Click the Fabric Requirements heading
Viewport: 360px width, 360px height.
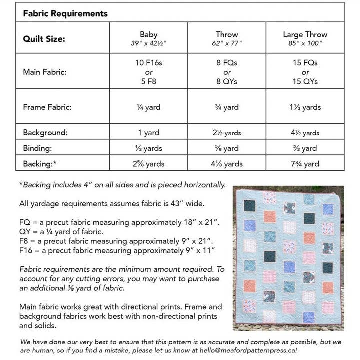(65, 13)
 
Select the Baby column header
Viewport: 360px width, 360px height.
(149, 35)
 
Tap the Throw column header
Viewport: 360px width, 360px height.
(227, 35)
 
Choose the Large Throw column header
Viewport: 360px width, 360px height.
(305, 35)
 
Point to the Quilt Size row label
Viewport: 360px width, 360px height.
(44, 39)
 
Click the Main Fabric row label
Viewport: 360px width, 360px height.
(45, 72)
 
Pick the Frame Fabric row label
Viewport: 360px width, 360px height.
(47, 107)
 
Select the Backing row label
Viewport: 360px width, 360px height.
(40, 163)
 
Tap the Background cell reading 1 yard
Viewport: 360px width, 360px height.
(149, 133)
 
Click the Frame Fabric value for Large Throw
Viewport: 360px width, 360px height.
(305, 107)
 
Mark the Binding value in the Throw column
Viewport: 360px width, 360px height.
(227, 148)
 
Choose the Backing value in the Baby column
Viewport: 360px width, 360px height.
(149, 164)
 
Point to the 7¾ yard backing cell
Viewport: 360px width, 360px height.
(305, 164)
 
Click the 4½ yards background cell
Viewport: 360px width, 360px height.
(305, 133)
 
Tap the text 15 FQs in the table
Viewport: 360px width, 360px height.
(305, 63)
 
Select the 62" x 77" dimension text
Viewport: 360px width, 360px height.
(227, 43)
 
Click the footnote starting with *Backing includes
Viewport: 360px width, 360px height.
(122, 185)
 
